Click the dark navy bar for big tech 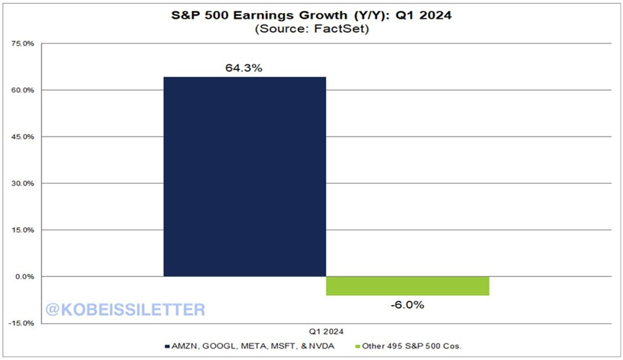click(245, 177)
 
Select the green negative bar click(408, 286)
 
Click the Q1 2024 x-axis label click(326, 331)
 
